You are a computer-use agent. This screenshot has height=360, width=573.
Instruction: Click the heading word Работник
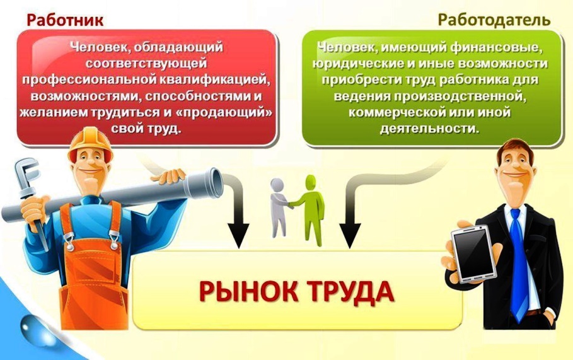(65, 20)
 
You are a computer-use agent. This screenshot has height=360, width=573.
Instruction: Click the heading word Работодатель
(494, 20)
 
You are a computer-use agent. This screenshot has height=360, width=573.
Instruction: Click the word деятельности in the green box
(430, 128)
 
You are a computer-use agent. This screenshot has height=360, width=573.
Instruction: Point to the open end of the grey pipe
(216, 183)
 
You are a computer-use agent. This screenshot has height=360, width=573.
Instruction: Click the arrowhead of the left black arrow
(238, 236)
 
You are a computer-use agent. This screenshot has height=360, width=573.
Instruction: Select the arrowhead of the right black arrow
(350, 236)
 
